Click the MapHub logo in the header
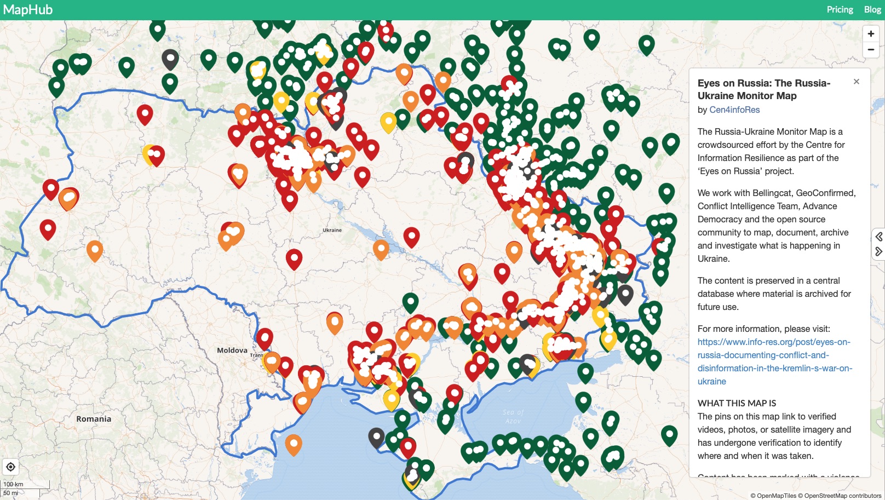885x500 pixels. [x=28, y=10]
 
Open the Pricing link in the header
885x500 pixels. [x=840, y=10]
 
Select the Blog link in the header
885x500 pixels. [x=872, y=10]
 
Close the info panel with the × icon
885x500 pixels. [x=857, y=82]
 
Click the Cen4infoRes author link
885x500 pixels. [x=734, y=110]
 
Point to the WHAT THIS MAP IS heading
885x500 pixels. [x=737, y=403]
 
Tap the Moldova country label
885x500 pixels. [x=232, y=350]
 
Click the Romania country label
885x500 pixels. [x=94, y=419]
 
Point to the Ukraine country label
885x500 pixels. [x=332, y=230]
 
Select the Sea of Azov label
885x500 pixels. [x=513, y=416]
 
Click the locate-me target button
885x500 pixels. [x=10, y=467]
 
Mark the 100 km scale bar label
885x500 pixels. [x=13, y=484]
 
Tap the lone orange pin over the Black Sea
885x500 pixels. [x=294, y=444]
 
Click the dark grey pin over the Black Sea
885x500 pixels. [x=376, y=437]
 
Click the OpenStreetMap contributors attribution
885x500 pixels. [x=843, y=496]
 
